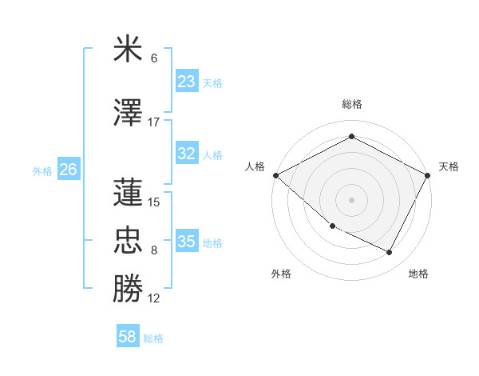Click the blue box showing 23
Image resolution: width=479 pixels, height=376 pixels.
[x=186, y=82]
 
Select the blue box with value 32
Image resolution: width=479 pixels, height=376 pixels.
[x=186, y=154]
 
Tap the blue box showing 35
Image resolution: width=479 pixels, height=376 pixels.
[x=186, y=242]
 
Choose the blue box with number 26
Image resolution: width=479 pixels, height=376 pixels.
[x=68, y=170]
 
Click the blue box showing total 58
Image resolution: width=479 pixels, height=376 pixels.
[x=128, y=337]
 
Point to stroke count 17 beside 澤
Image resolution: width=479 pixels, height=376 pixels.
[x=154, y=122]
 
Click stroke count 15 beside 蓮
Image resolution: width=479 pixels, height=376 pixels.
[x=154, y=202]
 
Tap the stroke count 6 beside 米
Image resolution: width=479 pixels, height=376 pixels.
[x=154, y=58]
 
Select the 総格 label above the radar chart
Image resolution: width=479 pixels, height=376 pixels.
[x=351, y=104]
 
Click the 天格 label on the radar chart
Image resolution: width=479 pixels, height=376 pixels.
[x=449, y=166]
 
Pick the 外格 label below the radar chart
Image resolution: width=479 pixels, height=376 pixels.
[x=281, y=274]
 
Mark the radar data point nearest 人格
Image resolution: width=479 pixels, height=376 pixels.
[x=275, y=175]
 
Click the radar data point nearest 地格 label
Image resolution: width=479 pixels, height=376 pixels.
[x=389, y=253]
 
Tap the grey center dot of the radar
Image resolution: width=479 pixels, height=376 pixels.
[x=351, y=199]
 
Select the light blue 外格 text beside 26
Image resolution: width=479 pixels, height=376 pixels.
[x=42, y=170]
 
